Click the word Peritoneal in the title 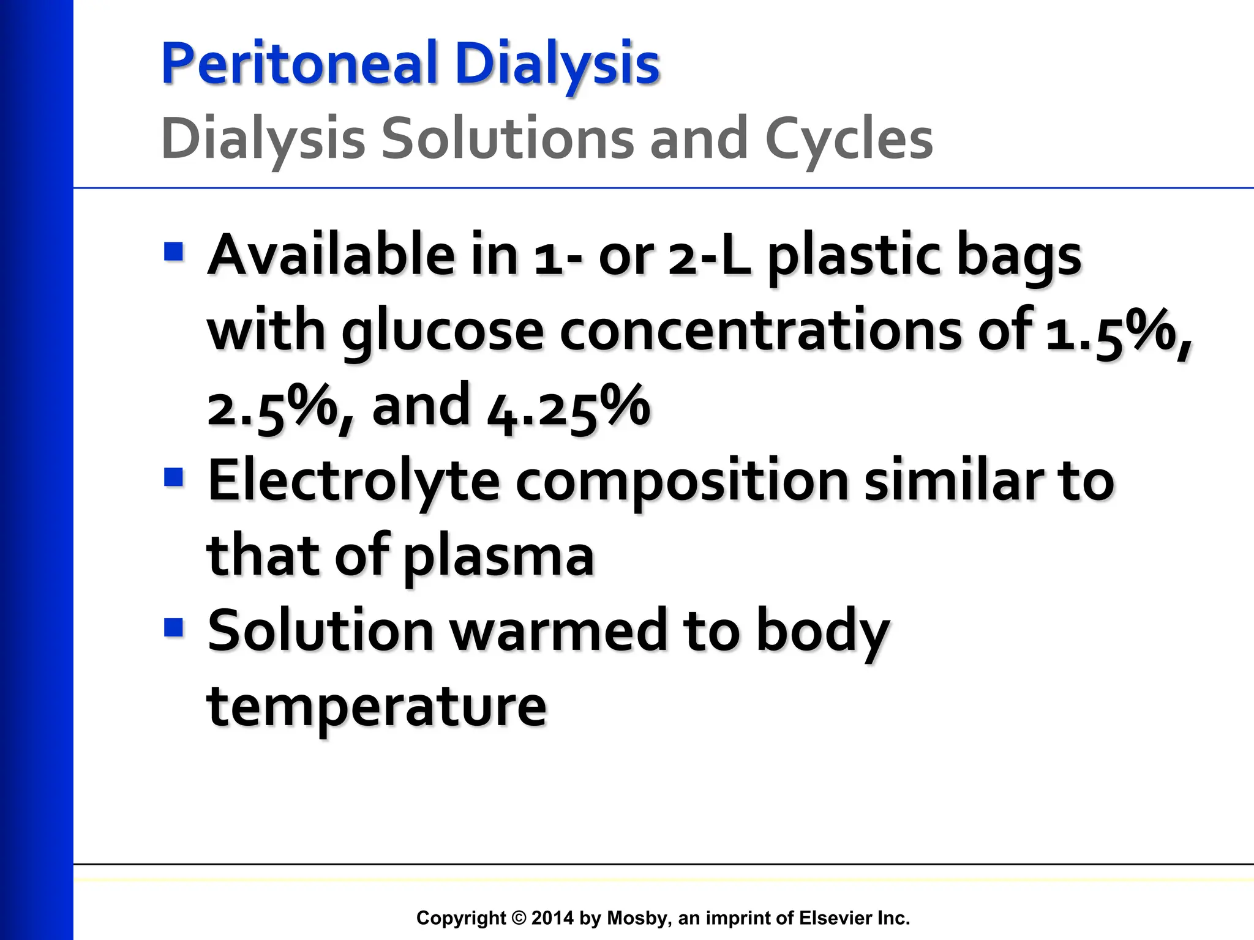point(299,64)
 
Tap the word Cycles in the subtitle point(849,140)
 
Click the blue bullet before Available point(174,252)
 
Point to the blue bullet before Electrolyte point(174,477)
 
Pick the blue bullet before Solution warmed point(174,627)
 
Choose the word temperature point(377,707)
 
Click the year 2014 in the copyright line point(552,918)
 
